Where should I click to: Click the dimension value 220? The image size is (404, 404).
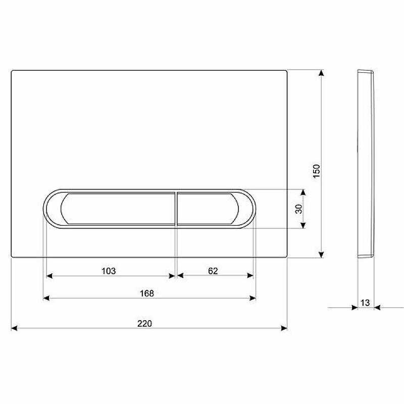coord(144,323)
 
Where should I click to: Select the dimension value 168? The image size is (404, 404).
coord(146,293)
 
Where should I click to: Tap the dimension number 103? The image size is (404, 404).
coord(109,271)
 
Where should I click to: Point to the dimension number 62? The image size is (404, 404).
coord(213,271)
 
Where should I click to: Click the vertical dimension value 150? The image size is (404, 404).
coord(317,171)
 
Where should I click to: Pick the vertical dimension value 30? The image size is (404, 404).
coord(298,209)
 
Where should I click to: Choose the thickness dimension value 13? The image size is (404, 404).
coord(365,302)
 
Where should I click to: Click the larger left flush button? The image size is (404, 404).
coord(118,209)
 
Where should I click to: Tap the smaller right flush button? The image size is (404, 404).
coord(208,209)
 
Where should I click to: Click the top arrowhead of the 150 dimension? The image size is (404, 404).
coord(321,73)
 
